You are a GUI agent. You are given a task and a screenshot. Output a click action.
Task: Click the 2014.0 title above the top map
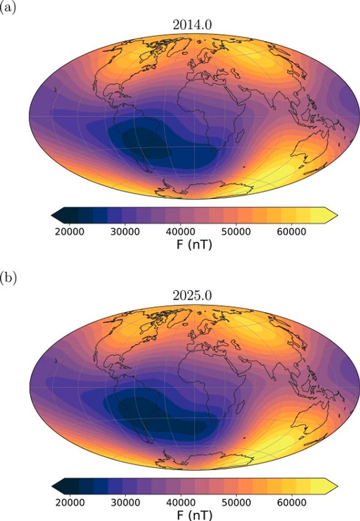point(192,25)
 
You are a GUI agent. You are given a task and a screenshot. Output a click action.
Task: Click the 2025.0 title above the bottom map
point(192,296)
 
